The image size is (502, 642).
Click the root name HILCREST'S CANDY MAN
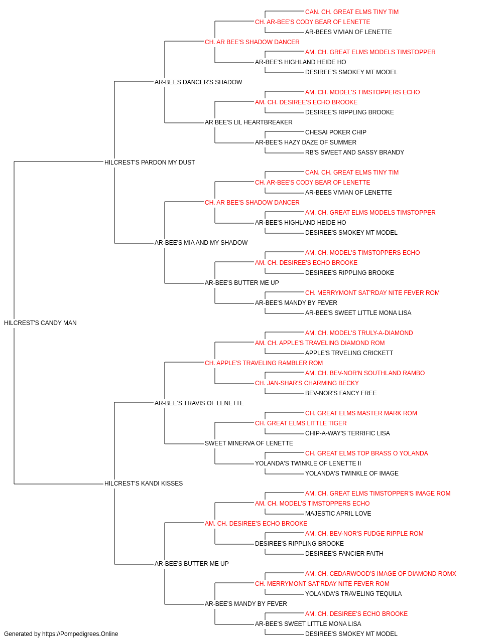40,323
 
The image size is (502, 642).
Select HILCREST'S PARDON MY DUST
150,163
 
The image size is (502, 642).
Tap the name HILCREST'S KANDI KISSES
144,484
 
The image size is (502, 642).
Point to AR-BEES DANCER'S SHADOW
198,82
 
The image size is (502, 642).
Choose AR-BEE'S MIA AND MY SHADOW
201,243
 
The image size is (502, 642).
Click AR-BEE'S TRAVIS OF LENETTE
199,403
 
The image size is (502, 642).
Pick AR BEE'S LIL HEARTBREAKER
248,122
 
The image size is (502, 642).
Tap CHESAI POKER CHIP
335,132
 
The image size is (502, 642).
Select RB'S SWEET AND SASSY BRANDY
354,152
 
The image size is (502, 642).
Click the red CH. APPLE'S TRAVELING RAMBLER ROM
264,363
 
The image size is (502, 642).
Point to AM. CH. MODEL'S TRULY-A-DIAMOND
359,333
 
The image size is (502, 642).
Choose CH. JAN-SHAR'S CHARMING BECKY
307,383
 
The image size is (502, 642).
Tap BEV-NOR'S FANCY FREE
341,393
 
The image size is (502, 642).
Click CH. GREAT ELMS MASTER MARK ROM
361,413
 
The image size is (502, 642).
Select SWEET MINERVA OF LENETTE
249,443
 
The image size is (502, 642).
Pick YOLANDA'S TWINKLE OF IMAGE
352,473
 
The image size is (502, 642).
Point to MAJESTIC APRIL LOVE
338,514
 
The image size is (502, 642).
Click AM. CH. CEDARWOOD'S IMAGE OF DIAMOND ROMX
381,574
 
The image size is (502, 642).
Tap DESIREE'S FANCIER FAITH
344,554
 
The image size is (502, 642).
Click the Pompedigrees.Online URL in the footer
80,634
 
